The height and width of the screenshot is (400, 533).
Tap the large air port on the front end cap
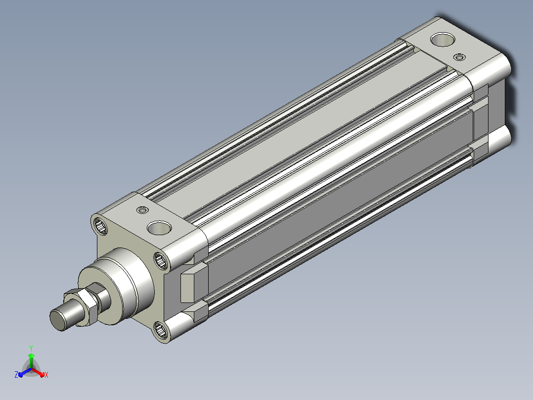point(159,228)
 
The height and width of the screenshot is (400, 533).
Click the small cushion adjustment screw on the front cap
point(142,210)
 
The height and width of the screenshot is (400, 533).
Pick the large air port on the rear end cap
point(443,39)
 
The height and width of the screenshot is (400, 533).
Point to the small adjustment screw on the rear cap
point(459,57)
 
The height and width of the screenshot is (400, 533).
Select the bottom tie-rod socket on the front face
point(160,330)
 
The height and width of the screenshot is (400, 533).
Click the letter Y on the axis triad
point(31,348)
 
